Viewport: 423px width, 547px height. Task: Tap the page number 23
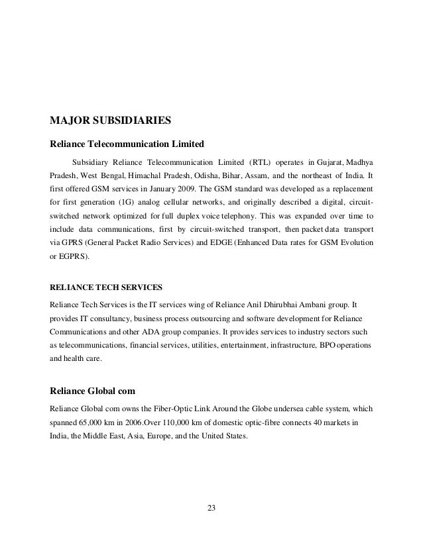[x=211, y=509]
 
